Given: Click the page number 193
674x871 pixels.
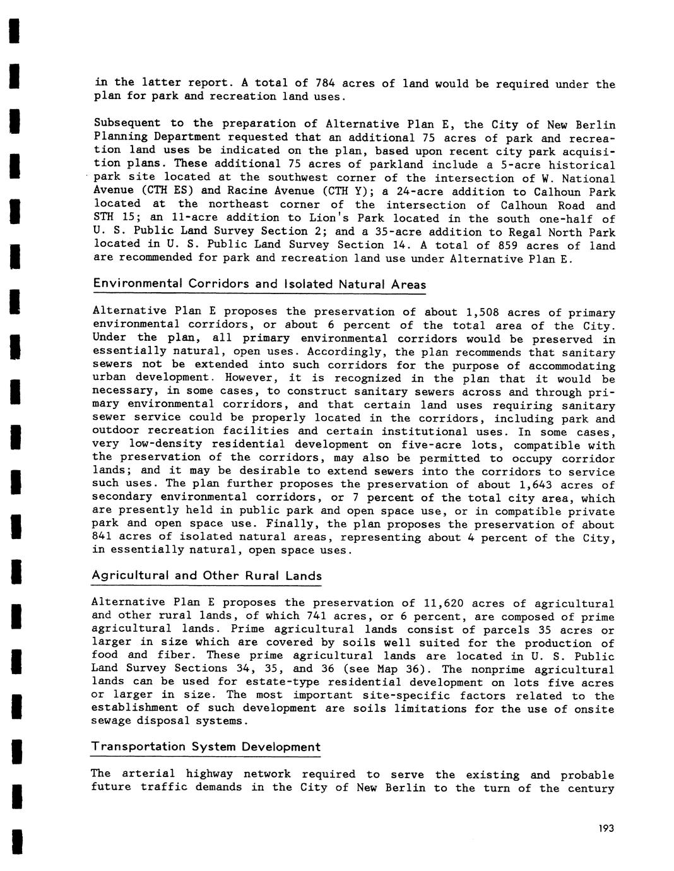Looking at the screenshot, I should click(x=606, y=829).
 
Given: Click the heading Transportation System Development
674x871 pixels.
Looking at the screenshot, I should click(x=206, y=747).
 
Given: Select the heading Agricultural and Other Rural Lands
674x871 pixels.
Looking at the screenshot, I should click(x=206, y=576).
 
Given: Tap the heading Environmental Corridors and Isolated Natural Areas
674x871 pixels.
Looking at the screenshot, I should click(x=259, y=284).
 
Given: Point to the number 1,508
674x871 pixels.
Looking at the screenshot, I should click(x=482, y=312).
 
